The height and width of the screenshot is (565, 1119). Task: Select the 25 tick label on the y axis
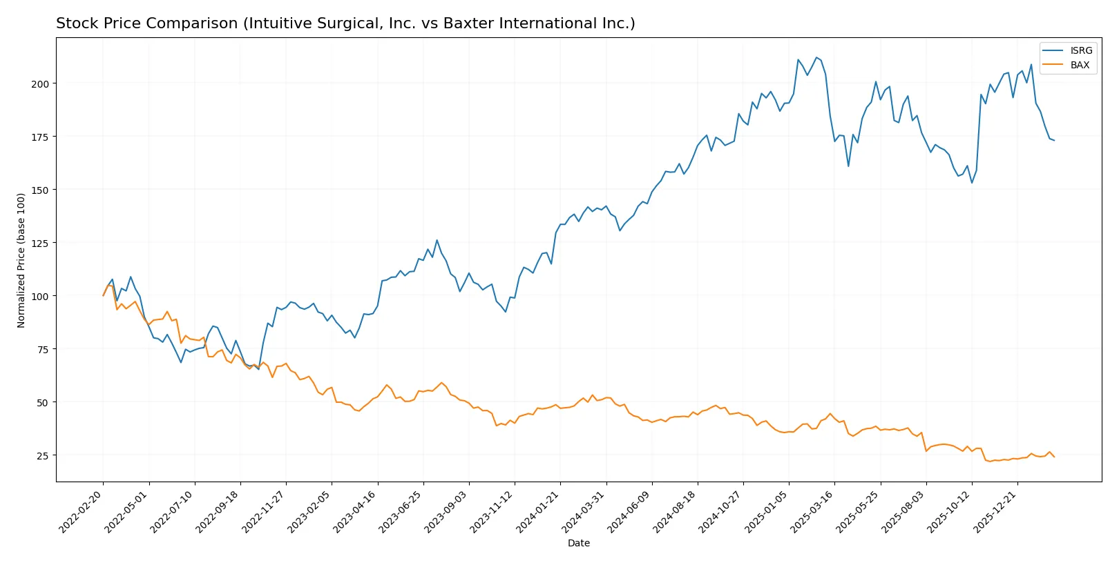tap(43, 455)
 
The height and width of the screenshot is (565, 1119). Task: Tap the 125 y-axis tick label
tap(40, 243)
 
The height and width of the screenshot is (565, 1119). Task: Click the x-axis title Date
tap(578, 543)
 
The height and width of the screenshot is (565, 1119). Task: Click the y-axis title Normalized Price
tap(21, 260)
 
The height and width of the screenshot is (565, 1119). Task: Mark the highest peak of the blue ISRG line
tap(816, 57)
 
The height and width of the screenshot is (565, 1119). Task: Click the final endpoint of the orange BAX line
tap(1054, 457)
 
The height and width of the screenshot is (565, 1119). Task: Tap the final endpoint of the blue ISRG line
tap(1054, 141)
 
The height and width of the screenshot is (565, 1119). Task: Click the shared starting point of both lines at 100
tap(104, 296)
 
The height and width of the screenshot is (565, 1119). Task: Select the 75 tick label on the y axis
tap(43, 349)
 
